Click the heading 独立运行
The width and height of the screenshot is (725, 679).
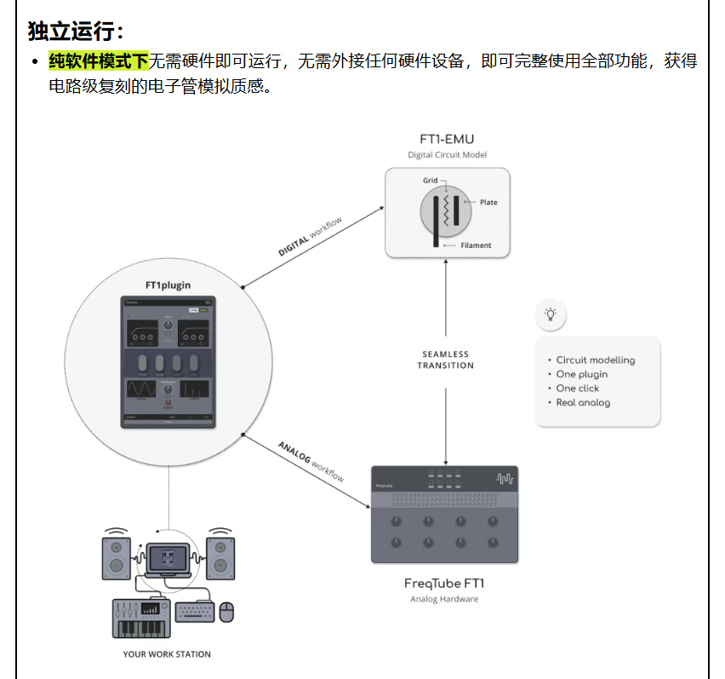coord(76,32)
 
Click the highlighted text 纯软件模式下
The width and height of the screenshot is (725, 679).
coord(99,61)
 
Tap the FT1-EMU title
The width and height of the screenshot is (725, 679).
coord(447,139)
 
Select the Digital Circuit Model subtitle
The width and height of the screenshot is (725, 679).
coord(447,155)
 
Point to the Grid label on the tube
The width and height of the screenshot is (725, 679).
coord(431,181)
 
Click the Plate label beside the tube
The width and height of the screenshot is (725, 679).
coord(488,202)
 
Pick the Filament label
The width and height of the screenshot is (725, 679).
coord(476,245)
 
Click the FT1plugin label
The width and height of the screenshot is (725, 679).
coord(169,284)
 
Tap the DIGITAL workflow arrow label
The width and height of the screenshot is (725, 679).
coord(311,238)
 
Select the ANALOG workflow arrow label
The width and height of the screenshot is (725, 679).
coord(311,462)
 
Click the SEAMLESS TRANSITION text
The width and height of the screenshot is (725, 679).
coord(445,360)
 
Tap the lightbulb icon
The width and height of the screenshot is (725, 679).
coord(551,314)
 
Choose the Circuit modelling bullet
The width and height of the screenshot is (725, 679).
coord(595,360)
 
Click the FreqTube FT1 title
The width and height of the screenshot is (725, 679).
coord(444,584)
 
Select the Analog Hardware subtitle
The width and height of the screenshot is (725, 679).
coord(444,599)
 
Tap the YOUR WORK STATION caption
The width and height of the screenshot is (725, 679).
coord(167,654)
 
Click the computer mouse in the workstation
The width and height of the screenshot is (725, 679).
coord(226,611)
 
